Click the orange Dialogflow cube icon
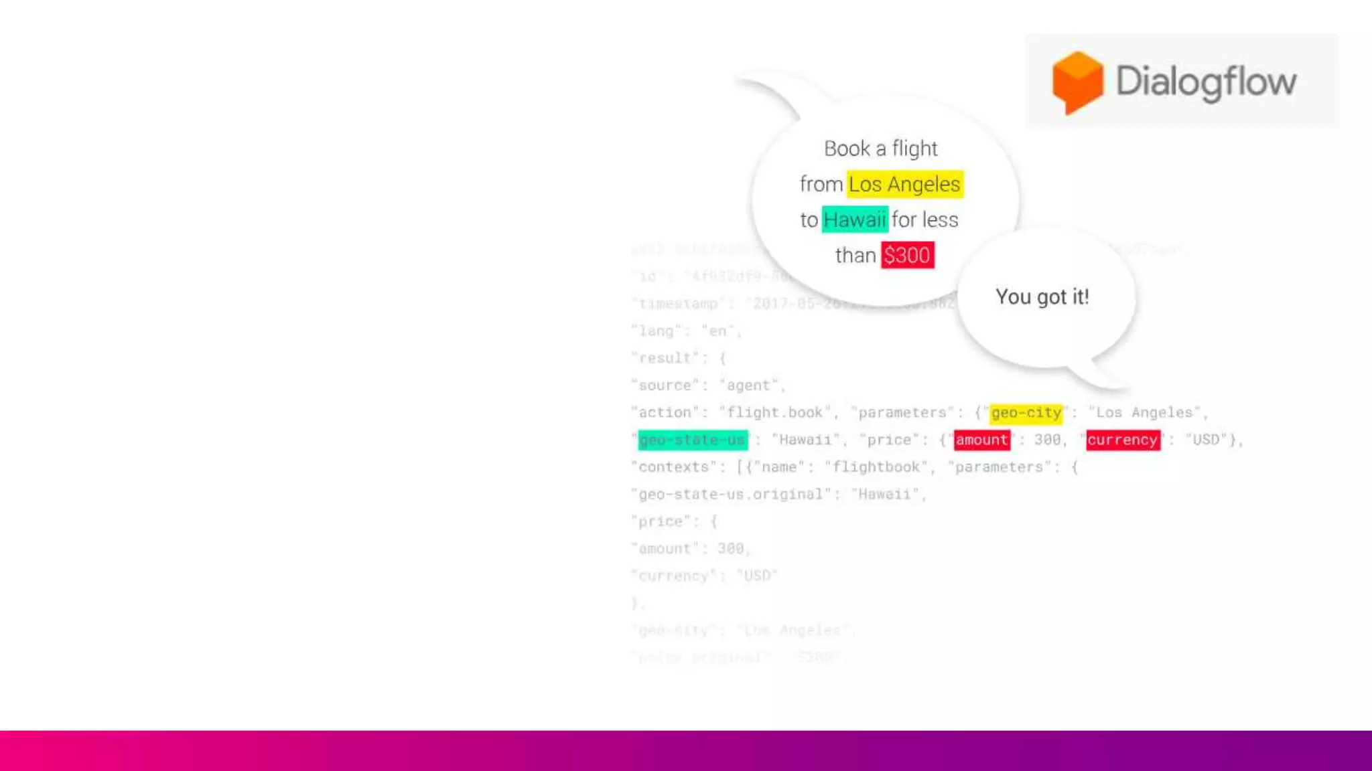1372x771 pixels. tap(1077, 82)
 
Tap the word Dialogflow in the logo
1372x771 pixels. tap(1206, 82)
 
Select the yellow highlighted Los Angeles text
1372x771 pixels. tap(904, 184)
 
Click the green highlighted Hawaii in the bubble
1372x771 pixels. tap(855, 220)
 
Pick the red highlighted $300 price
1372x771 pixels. tap(907, 255)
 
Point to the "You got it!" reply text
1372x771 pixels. tap(1042, 296)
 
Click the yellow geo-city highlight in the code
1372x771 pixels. tap(1026, 413)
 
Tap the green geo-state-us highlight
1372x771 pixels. tap(692, 440)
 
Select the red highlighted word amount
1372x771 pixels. tap(981, 440)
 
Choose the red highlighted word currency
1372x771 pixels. tap(1123, 440)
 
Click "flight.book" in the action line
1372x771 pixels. tap(775, 413)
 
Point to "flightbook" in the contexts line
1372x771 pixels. tap(876, 467)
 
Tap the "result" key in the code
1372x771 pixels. tap(665, 358)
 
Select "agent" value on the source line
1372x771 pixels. tap(748, 385)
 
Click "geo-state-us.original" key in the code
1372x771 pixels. tap(730, 495)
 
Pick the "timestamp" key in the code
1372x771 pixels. tap(678, 304)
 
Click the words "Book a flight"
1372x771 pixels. tap(880, 149)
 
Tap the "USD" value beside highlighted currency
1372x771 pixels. tap(1206, 440)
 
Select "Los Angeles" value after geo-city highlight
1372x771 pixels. tap(1144, 413)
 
